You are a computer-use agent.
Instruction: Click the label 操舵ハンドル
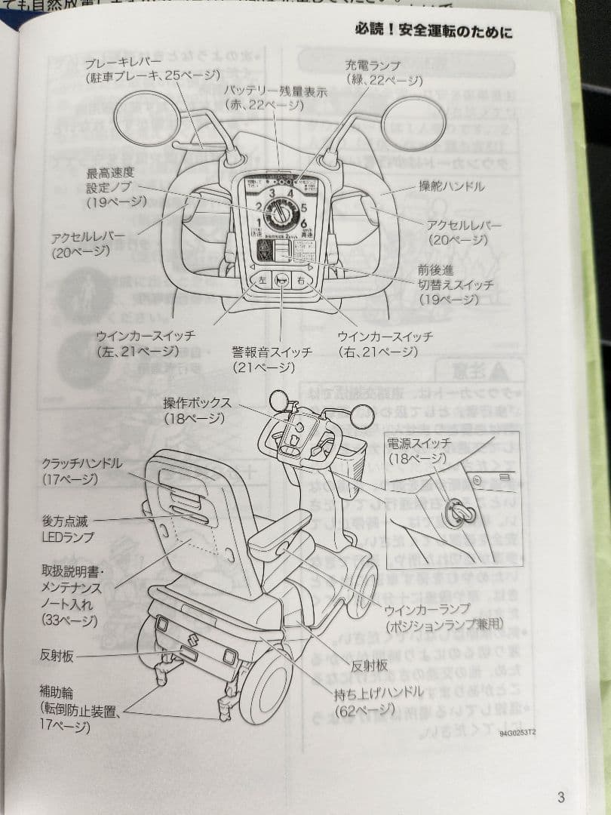pos(452,186)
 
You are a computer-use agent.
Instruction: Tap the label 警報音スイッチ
pos(263,352)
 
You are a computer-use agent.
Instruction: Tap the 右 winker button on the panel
pos(302,280)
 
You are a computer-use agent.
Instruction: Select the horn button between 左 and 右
pos(282,280)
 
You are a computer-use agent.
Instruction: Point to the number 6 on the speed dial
pos(304,224)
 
